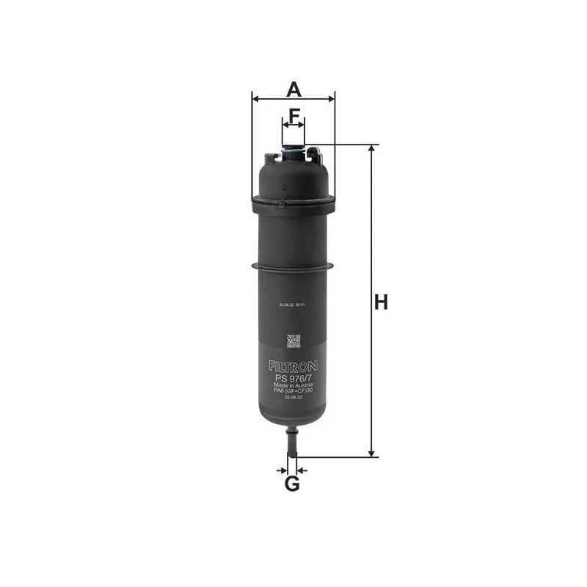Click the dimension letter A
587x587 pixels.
pos(293,90)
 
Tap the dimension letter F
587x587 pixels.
pos(293,115)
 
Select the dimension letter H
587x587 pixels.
pos(380,302)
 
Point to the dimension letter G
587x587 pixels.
pos(292,484)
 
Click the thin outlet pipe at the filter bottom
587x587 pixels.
pos(292,445)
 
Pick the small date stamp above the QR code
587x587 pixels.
pos(293,313)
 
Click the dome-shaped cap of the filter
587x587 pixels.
pos(293,180)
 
